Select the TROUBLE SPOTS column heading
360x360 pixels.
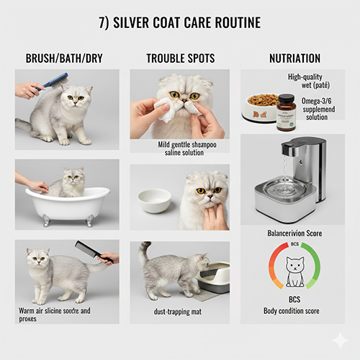coord(180,58)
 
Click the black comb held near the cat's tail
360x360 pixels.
coord(90,251)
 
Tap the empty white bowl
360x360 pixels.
coord(154,199)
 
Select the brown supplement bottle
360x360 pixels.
coord(286,112)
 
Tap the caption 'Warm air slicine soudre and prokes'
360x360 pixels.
coord(55,315)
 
